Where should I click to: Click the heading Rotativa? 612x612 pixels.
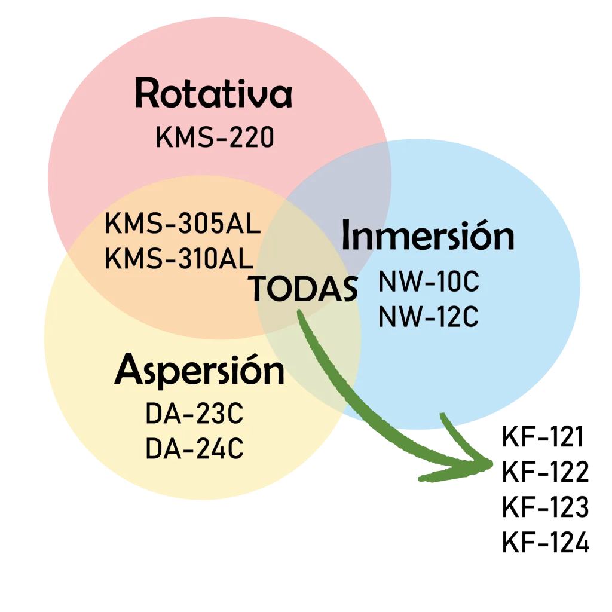coord(213,94)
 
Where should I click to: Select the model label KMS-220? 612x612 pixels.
coord(215,138)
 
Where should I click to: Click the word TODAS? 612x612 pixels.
coord(302,289)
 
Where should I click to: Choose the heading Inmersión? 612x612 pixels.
coord(427,236)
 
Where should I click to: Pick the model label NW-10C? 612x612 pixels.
coord(429,283)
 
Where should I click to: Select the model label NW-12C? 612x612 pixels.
coord(429,317)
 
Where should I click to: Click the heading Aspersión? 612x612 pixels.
coord(199,371)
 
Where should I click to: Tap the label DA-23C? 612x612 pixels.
coord(194,415)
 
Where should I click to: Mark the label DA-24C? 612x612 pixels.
coord(194,449)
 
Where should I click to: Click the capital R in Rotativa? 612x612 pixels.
coord(148,94)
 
